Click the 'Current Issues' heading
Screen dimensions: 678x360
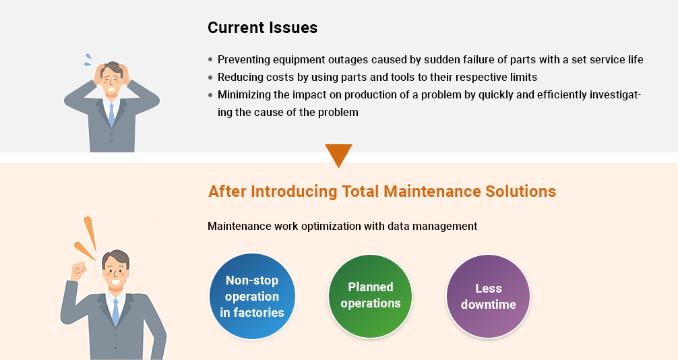(x=262, y=28)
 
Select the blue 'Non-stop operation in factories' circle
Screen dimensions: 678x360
(x=252, y=297)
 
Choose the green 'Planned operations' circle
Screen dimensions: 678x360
(x=370, y=297)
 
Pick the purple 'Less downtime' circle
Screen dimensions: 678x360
(x=488, y=297)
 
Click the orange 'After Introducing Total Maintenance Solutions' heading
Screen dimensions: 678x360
(x=382, y=191)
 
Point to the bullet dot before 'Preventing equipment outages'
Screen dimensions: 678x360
(x=210, y=60)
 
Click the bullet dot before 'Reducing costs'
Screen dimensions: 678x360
(x=210, y=78)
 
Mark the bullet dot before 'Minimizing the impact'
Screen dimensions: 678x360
(x=210, y=95)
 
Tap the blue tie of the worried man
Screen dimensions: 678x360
(x=112, y=115)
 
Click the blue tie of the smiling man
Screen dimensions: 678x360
(x=115, y=311)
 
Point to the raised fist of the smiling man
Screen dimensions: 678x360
(x=80, y=270)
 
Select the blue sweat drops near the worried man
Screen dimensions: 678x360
(x=88, y=60)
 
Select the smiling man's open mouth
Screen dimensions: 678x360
(x=115, y=282)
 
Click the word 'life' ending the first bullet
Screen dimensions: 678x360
(x=636, y=60)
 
